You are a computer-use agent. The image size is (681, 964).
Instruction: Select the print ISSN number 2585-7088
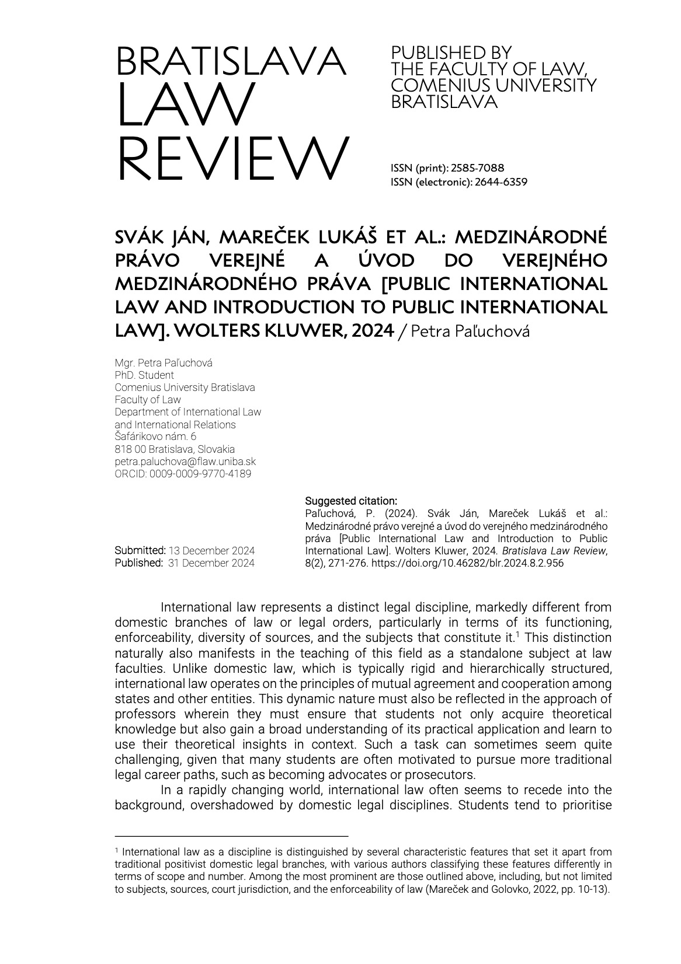pyautogui.click(x=478, y=168)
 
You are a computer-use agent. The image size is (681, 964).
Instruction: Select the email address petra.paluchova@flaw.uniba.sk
pyautogui.click(x=185, y=462)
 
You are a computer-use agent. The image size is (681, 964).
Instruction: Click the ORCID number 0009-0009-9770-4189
pyautogui.click(x=200, y=474)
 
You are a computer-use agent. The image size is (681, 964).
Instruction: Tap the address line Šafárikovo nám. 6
pyautogui.click(x=156, y=436)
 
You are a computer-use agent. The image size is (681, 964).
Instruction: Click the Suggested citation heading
pyautogui.click(x=351, y=501)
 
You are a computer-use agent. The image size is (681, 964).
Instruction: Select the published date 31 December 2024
pyautogui.click(x=211, y=563)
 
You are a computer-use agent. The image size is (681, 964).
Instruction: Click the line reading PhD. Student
pyautogui.click(x=144, y=375)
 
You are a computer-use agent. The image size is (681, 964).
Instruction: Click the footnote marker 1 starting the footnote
pyautogui.click(x=117, y=850)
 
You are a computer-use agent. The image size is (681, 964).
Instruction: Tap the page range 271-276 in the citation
pyautogui.click(x=348, y=563)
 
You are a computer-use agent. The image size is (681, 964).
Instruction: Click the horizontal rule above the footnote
pyautogui.click(x=231, y=835)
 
